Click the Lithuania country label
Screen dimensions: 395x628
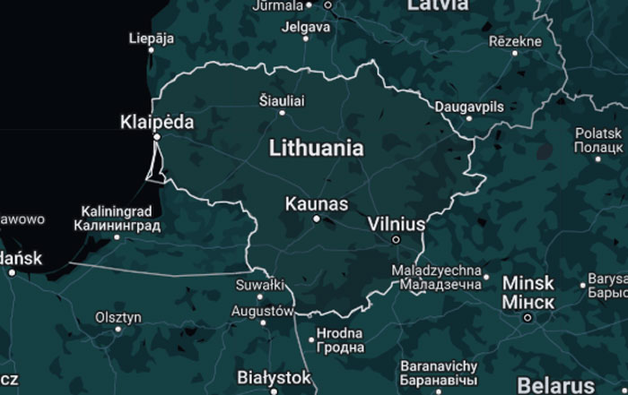point(317,148)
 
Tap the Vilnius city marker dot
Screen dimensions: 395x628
point(396,239)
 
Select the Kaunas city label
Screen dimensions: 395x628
point(316,204)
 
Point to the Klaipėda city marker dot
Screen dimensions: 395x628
point(157,137)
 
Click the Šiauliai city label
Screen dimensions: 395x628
point(281,101)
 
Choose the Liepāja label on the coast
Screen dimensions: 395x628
point(153,38)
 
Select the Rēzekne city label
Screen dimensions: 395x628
point(515,41)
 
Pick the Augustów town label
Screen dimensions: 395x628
point(262,311)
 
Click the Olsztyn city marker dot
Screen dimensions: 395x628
point(118,329)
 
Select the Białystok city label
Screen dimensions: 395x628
point(275,377)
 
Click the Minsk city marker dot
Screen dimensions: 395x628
point(528,316)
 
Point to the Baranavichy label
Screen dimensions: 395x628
point(439,366)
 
